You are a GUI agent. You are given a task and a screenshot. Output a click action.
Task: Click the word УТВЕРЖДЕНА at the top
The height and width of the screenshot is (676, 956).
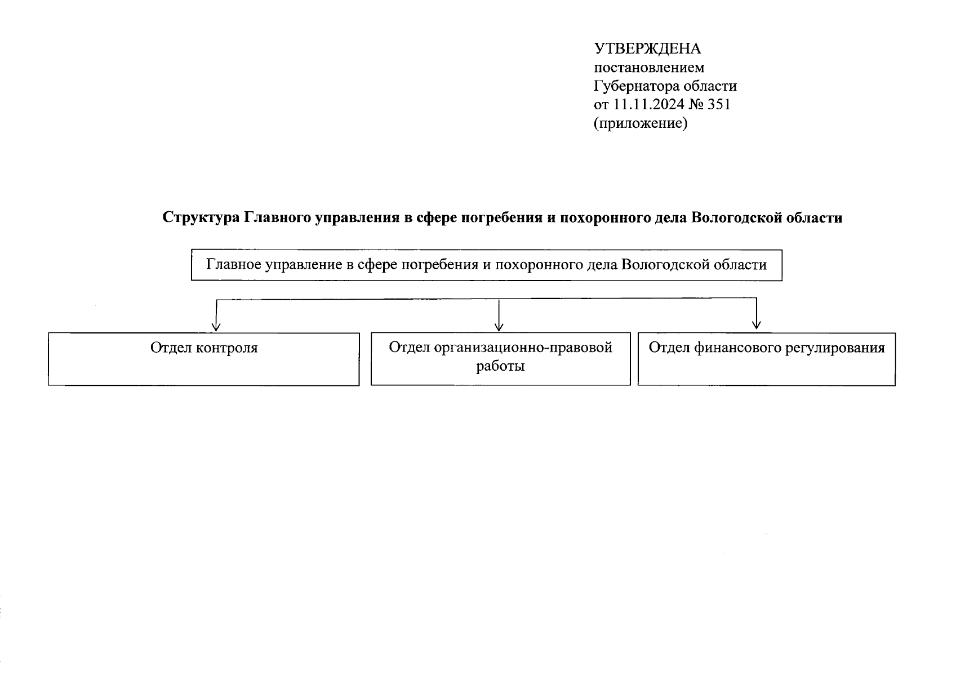[648, 49]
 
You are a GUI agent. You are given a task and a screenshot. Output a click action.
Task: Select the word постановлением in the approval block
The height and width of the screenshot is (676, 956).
[649, 68]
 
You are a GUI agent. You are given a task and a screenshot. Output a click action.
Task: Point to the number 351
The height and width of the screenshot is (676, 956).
[718, 104]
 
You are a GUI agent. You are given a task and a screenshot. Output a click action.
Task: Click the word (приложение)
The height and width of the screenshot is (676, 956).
[641, 123]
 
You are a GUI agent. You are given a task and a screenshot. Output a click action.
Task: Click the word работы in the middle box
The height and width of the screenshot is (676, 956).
[500, 366]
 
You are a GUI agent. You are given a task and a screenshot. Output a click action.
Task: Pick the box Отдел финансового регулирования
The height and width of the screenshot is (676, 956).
[766, 369]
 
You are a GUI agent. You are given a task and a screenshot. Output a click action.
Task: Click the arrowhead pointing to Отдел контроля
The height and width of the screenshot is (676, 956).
[216, 326]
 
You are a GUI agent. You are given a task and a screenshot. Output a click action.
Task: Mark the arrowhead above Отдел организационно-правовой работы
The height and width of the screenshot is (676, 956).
[499, 326]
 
